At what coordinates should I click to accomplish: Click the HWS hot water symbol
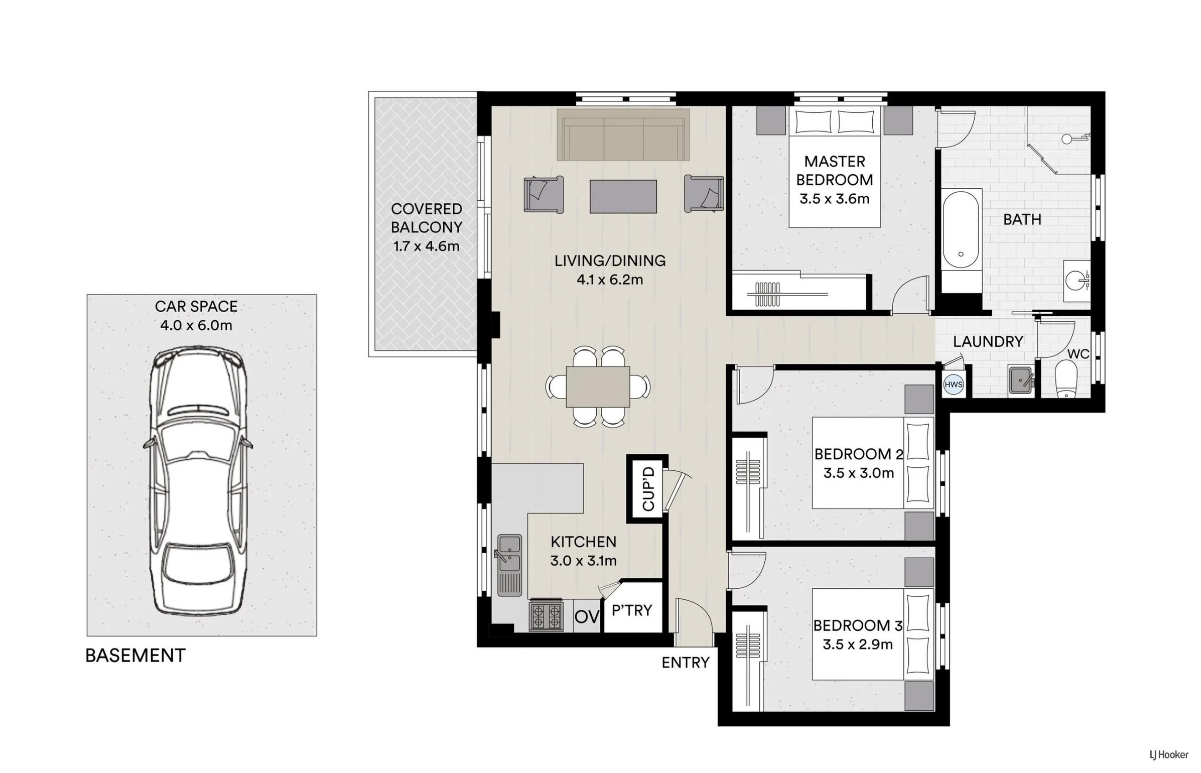pyautogui.click(x=953, y=385)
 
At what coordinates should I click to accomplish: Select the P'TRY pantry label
pyautogui.click(x=632, y=610)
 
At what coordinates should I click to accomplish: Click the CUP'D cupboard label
pyautogui.click(x=648, y=489)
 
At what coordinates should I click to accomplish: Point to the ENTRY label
pyautogui.click(x=686, y=663)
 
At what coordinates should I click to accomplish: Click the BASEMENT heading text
pyautogui.click(x=136, y=656)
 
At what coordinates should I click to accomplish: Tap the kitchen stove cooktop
pyautogui.click(x=546, y=616)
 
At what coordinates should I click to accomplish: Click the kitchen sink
pyautogui.click(x=509, y=565)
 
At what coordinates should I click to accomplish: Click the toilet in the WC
pyautogui.click(x=1066, y=379)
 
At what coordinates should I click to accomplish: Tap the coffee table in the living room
pyautogui.click(x=623, y=196)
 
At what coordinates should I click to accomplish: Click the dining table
pyautogui.click(x=598, y=386)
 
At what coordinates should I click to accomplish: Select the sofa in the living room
pyautogui.click(x=623, y=135)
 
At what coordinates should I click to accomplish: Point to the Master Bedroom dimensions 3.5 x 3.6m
pyautogui.click(x=834, y=199)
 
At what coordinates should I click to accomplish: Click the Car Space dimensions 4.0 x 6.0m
pyautogui.click(x=196, y=325)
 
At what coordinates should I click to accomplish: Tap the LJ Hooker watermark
pyautogui.click(x=1169, y=754)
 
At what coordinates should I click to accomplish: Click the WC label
pyautogui.click(x=1078, y=354)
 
